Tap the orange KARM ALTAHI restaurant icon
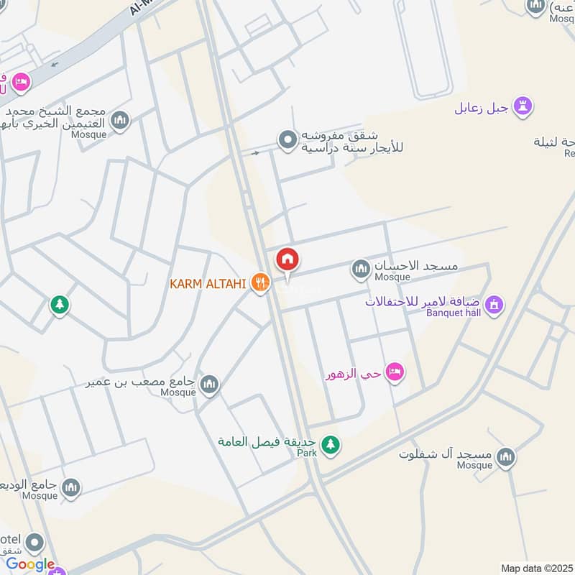(x=259, y=283)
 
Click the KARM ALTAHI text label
(x=208, y=283)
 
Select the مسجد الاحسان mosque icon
(x=360, y=270)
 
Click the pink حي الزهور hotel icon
(x=394, y=372)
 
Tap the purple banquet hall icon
(x=494, y=305)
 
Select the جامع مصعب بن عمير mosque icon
(x=210, y=386)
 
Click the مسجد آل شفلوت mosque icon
(x=506, y=458)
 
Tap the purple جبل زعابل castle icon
(x=524, y=108)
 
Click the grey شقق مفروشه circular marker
(x=287, y=139)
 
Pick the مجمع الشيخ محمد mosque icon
(x=120, y=120)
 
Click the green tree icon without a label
(x=60, y=305)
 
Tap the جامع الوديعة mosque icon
(x=70, y=489)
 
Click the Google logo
(x=30, y=564)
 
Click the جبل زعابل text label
(x=482, y=109)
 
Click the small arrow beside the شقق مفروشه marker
(x=254, y=152)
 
